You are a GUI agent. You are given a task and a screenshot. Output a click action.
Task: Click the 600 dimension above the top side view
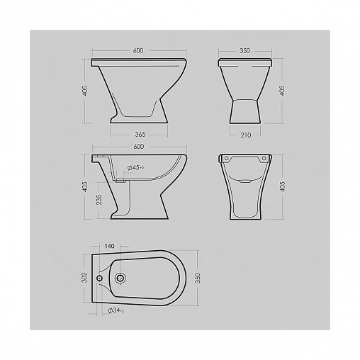[138, 50]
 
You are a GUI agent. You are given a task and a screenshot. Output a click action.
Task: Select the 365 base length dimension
[140, 135]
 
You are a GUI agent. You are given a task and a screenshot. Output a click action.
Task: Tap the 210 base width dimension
[246, 135]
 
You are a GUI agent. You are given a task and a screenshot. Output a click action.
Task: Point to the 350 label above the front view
[244, 50]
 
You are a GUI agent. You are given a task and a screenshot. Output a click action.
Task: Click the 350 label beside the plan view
[198, 278]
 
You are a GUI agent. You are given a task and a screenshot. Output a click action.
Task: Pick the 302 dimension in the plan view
[84, 277]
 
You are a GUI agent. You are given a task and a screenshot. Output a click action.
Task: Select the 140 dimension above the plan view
[109, 246]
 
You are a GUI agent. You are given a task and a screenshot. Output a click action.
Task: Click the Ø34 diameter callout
[116, 310]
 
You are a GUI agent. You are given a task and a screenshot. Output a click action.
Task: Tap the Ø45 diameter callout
[135, 168]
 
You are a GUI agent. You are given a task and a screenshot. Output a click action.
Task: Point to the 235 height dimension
[99, 200]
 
